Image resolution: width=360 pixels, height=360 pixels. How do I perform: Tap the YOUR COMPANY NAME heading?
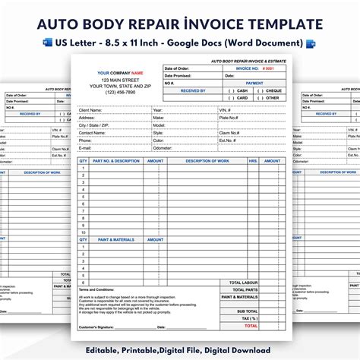115,73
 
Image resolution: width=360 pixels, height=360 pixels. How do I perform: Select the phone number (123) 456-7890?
115,93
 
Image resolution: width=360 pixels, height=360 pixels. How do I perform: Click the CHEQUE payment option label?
273,90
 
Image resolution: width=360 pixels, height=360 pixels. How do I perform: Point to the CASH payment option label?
242,90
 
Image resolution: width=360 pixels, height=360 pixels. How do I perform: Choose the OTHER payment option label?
272,97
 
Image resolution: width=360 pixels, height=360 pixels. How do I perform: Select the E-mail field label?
86,147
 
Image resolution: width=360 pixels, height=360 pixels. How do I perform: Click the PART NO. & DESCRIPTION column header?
115,161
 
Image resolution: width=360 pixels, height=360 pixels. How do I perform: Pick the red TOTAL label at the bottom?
250,325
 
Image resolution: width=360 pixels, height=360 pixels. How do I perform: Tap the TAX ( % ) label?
248,318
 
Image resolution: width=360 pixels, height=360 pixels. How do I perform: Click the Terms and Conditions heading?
96,289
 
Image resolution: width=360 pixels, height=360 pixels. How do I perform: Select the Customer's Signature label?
98,327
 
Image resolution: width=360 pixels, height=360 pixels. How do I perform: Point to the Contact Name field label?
93,132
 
